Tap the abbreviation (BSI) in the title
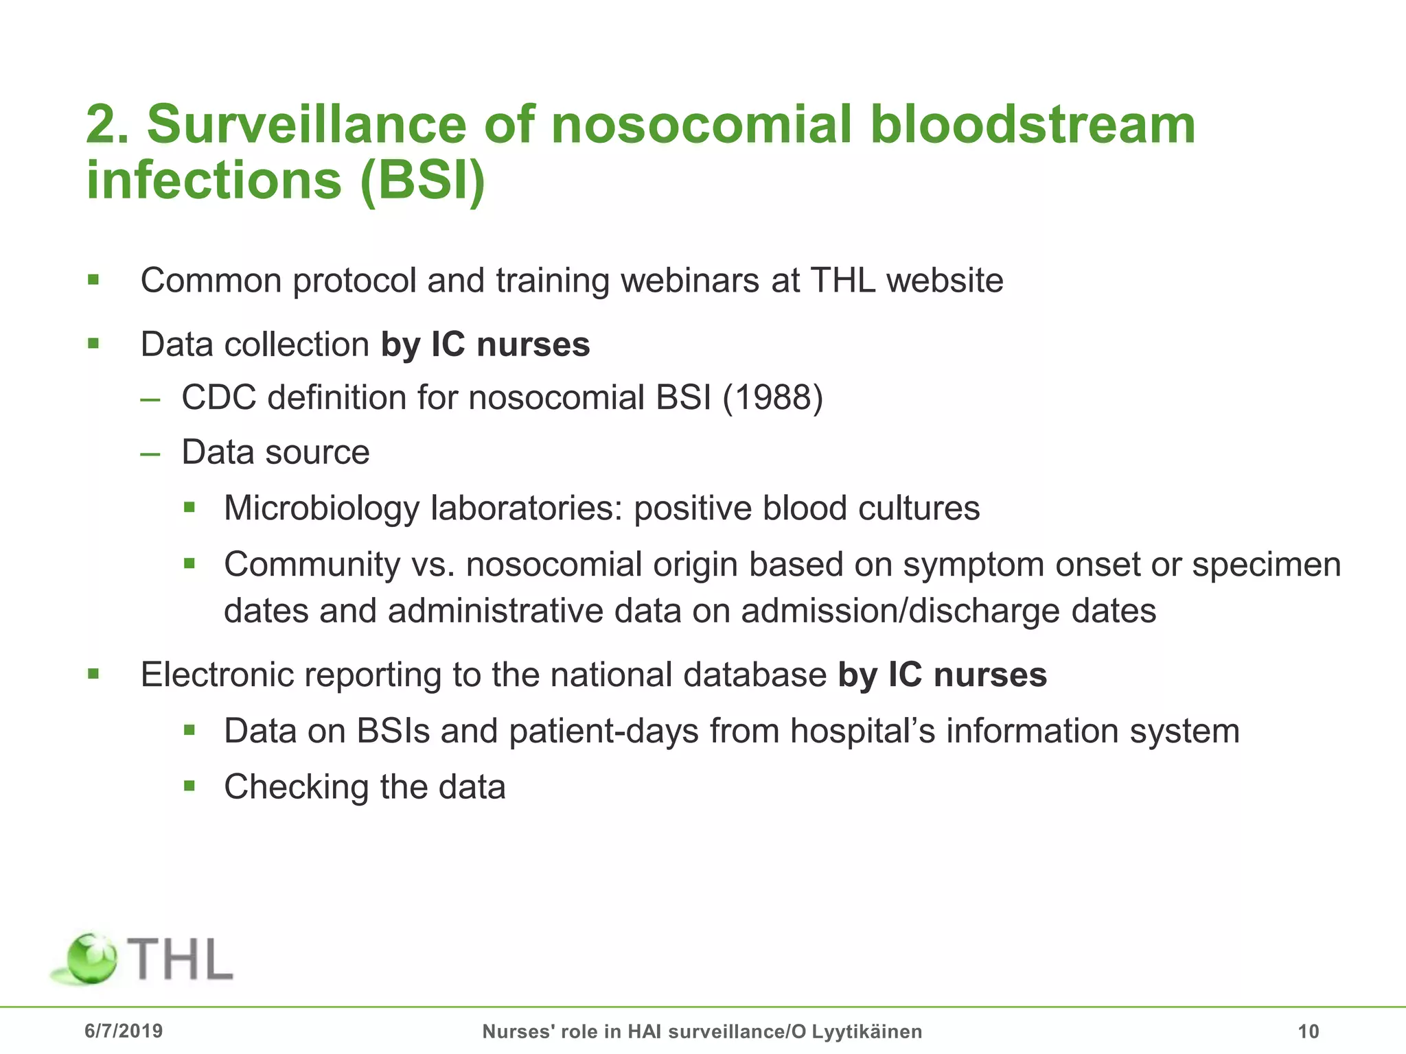[422, 180]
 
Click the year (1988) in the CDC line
[772, 397]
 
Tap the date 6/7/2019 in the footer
[124, 1031]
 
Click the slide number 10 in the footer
[1309, 1031]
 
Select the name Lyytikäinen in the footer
[867, 1031]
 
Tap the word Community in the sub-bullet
[312, 565]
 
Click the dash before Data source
[150, 454]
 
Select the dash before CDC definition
[150, 399]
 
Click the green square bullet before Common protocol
[94, 279]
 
